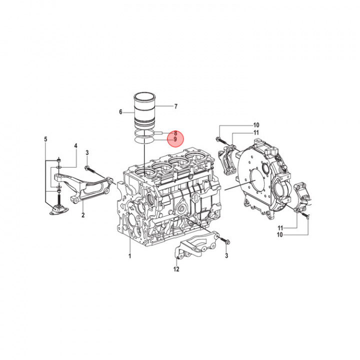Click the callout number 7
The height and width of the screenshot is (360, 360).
(175, 106)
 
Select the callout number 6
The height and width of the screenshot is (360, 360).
(121, 112)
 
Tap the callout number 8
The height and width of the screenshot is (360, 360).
(175, 133)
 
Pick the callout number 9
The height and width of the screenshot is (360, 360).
(175, 139)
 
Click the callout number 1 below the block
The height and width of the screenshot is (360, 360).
(129, 256)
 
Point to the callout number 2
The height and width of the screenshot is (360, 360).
(83, 215)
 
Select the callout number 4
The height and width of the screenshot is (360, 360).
(75, 146)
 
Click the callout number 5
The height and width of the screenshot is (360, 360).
(45, 139)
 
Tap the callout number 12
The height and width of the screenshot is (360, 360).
(176, 269)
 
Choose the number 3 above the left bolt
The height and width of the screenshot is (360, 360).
(87, 152)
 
